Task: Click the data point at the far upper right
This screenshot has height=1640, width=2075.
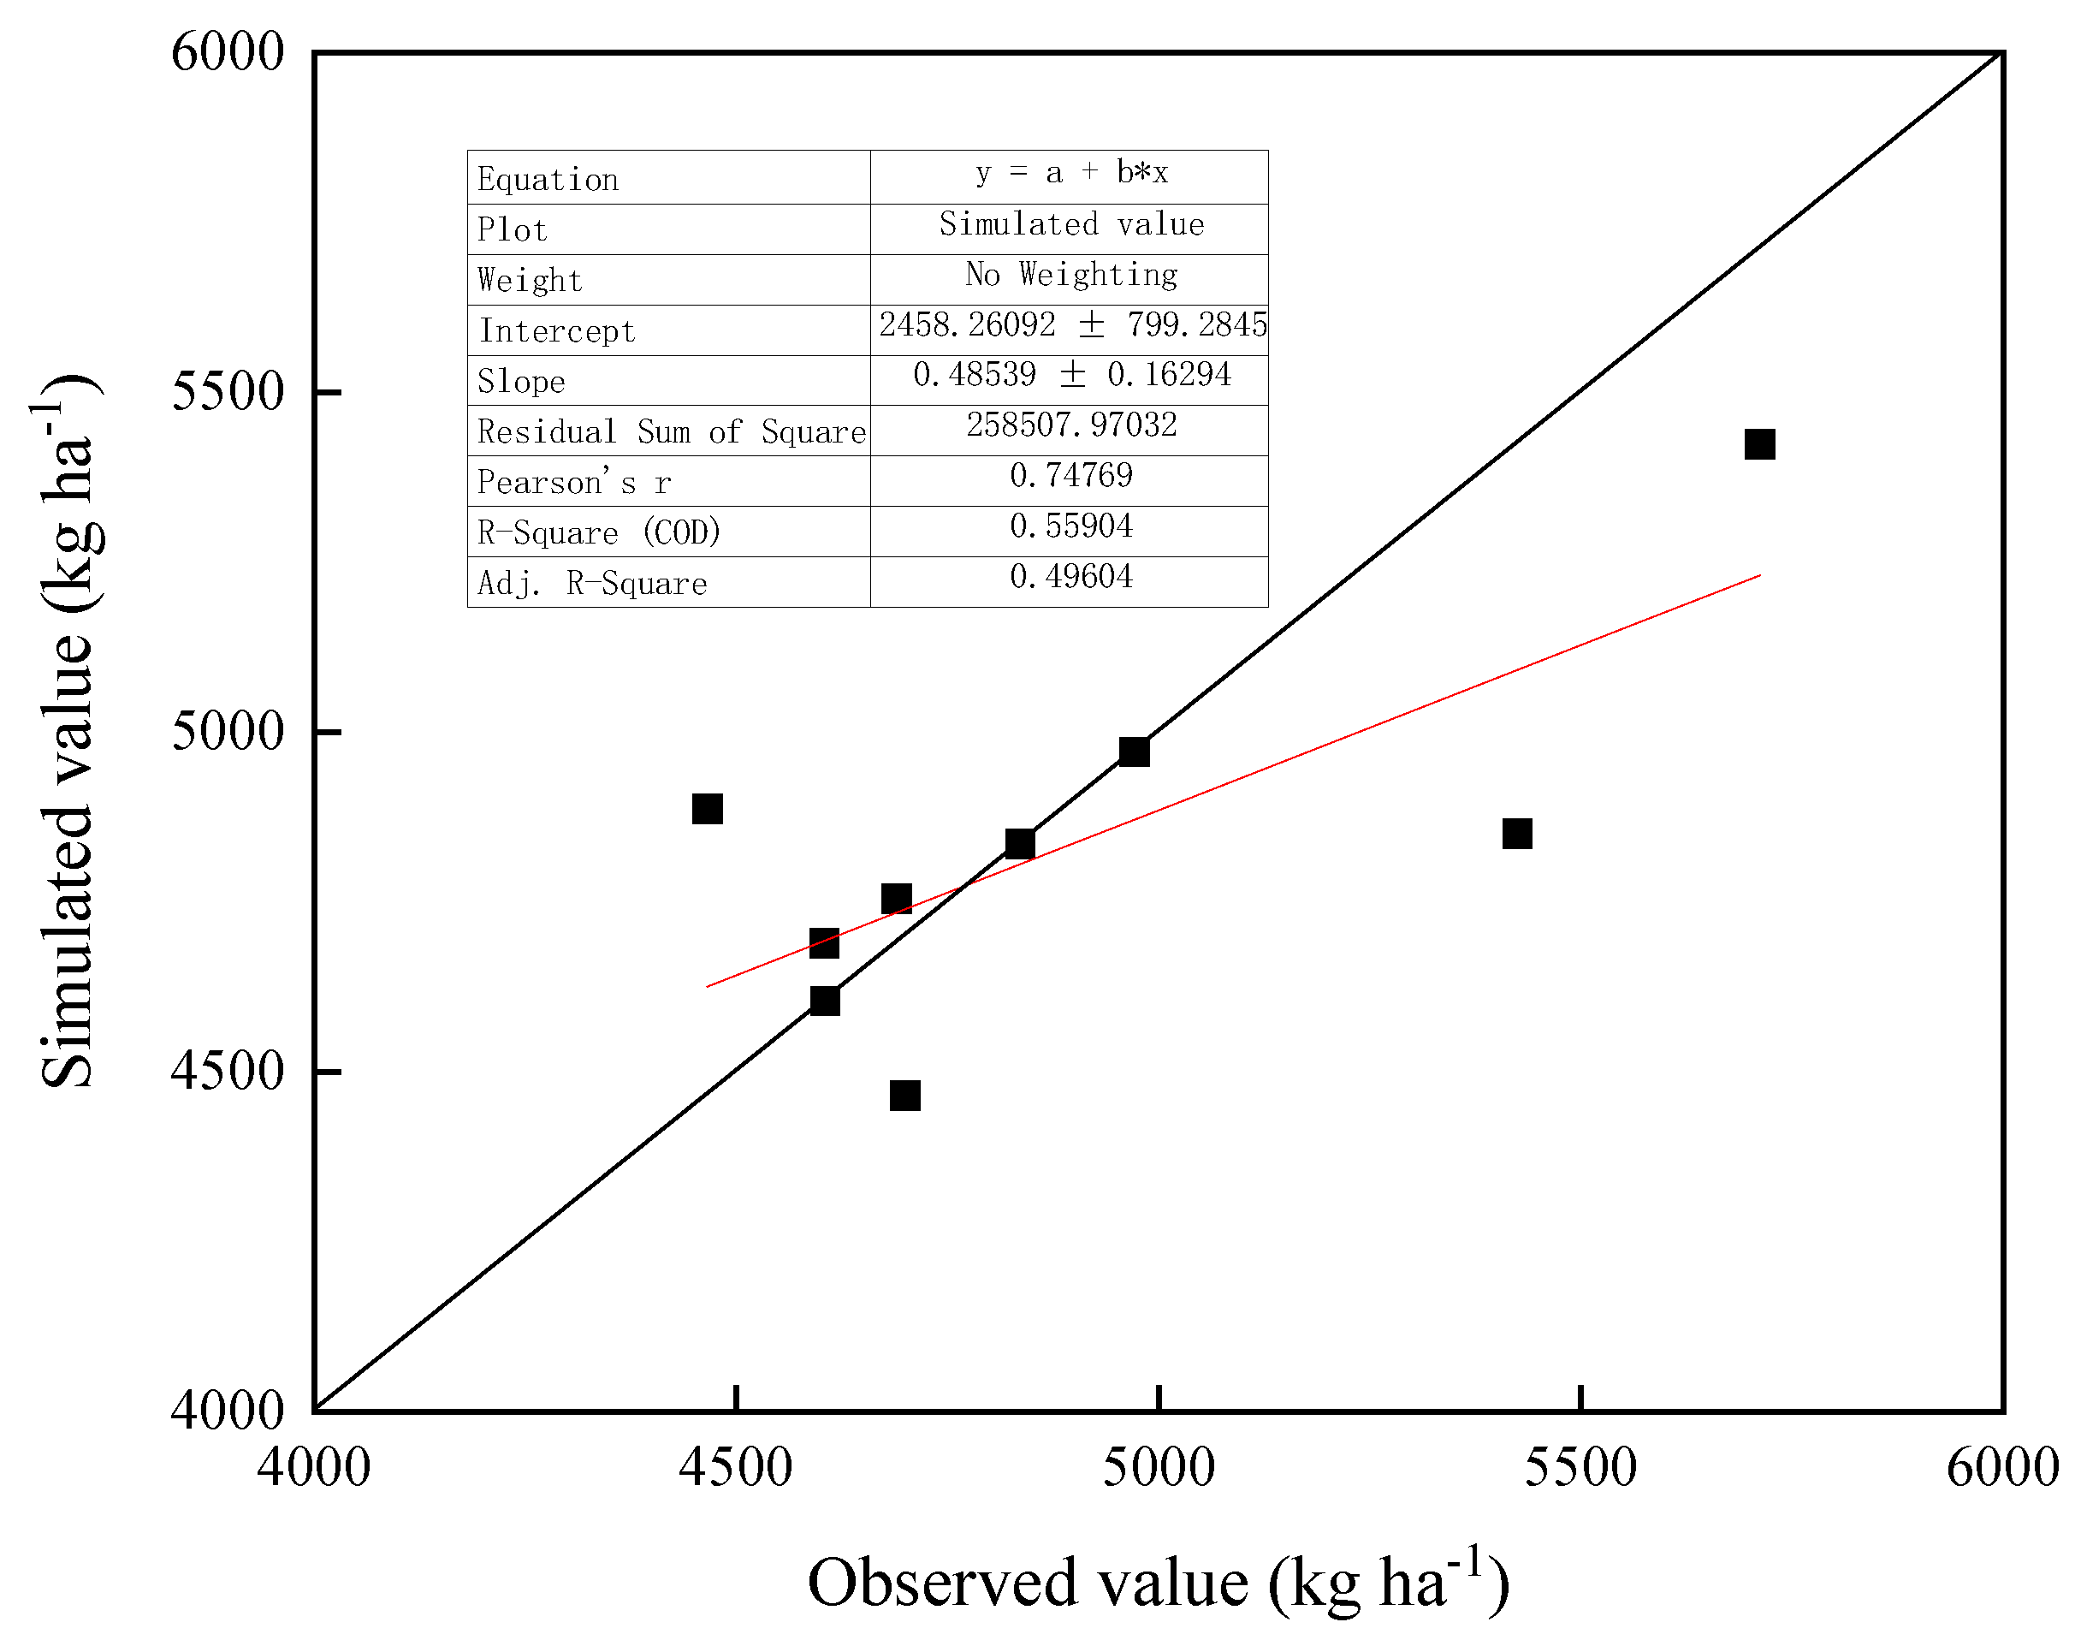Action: tap(1758, 443)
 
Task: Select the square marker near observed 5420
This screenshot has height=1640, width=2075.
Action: tap(1516, 834)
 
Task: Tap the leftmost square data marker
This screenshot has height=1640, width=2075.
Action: tap(708, 809)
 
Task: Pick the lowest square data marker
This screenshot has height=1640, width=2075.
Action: tap(905, 1095)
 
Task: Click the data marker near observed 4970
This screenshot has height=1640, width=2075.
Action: tap(1135, 751)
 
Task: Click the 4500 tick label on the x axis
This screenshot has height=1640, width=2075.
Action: tap(736, 1467)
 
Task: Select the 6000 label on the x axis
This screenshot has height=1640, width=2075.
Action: tap(2002, 1467)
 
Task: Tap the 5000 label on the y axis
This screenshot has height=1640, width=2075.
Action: tap(228, 731)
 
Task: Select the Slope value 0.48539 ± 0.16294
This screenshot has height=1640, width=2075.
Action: tap(1071, 374)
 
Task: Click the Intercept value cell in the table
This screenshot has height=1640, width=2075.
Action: tap(1072, 324)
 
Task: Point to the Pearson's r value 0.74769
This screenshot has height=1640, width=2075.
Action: tap(1071, 475)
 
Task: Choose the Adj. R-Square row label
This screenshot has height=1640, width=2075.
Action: tap(592, 583)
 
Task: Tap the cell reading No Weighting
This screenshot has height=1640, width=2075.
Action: tap(1071, 275)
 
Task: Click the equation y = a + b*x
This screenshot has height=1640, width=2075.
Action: tap(1071, 173)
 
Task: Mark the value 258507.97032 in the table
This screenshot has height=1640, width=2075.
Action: tap(1071, 425)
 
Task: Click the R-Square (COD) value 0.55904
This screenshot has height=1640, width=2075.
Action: tap(1071, 526)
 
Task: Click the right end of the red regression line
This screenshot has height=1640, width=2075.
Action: tap(1759, 575)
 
